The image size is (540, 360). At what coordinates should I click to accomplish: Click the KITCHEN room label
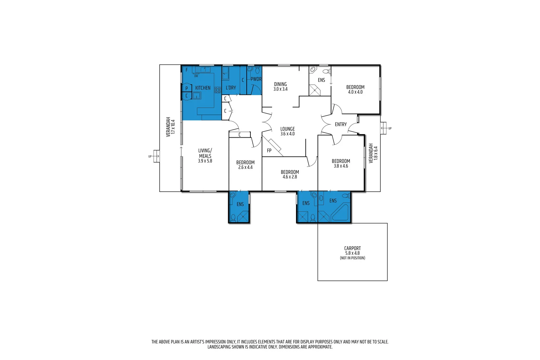[x=202, y=88]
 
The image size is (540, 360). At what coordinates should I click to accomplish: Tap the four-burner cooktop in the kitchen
[x=218, y=90]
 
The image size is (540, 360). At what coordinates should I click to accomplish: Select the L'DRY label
[x=231, y=88]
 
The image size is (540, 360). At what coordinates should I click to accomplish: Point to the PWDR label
[x=256, y=79]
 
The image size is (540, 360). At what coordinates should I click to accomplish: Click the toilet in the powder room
[x=257, y=70]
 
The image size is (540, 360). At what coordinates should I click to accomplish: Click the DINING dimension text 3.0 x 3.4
[x=280, y=89]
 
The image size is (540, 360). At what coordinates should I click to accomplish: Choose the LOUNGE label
[x=288, y=129]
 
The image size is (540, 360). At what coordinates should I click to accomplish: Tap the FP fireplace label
[x=269, y=150]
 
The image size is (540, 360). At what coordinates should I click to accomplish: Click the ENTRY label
[x=341, y=124]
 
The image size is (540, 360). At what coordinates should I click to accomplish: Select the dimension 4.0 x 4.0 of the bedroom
[x=355, y=92]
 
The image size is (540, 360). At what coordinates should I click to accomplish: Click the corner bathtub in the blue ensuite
[x=341, y=213]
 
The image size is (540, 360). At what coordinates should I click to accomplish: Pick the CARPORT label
[x=352, y=248]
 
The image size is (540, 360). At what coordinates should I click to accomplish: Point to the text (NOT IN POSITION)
[x=352, y=258]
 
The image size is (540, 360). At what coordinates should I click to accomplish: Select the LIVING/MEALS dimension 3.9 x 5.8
[x=205, y=161]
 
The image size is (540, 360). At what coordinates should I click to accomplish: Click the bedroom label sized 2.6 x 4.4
[x=245, y=162]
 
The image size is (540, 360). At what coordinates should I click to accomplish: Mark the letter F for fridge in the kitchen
[x=187, y=70]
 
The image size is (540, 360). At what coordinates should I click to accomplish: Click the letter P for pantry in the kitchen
[x=186, y=88]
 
